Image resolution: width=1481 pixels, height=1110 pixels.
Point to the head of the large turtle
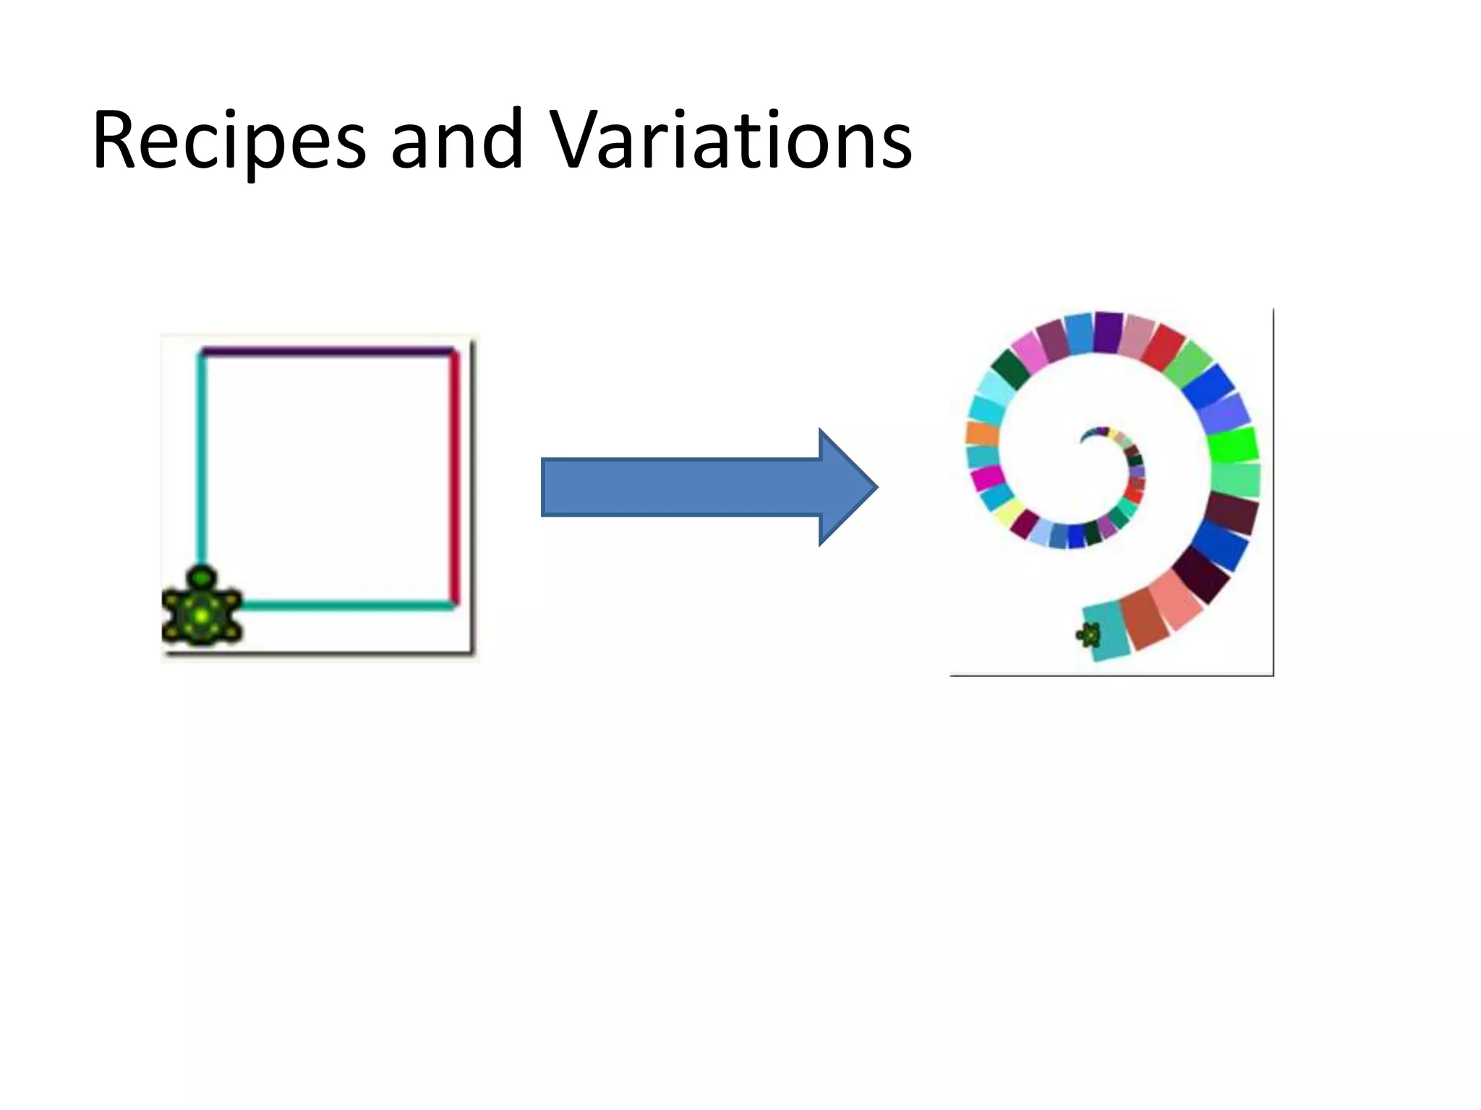pos(202,577)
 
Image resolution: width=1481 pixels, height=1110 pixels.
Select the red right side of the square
pos(455,477)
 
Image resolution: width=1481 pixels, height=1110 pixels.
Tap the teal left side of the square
pos(202,462)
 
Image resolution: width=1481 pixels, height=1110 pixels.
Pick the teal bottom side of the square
pos(347,605)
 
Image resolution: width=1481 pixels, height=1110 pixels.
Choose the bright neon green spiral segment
pos(1232,445)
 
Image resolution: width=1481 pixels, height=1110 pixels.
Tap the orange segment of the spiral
pos(982,434)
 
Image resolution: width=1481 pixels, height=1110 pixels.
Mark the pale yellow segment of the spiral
pos(1007,512)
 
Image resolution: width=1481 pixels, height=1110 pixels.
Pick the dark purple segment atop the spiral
pos(1107,332)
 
